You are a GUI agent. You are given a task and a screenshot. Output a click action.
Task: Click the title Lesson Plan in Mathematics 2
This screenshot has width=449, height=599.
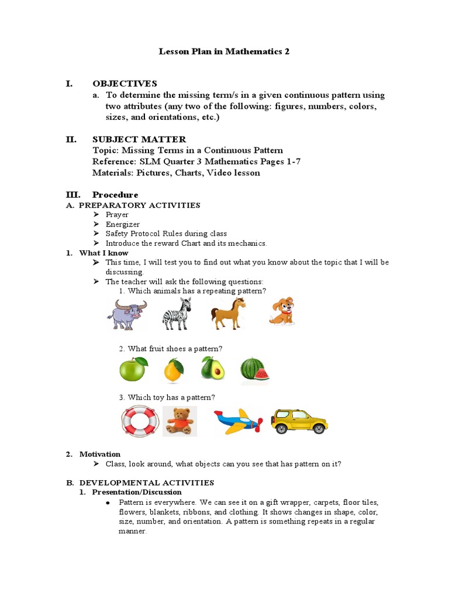tap(224, 51)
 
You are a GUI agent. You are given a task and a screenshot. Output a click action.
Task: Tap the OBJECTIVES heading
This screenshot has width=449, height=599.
tap(125, 84)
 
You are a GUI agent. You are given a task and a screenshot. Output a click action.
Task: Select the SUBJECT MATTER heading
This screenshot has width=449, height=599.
tap(139, 139)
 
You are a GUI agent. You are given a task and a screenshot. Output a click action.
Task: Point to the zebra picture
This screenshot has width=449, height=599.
tap(177, 314)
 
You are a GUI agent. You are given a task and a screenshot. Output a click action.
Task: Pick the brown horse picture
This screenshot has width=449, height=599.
tap(228, 313)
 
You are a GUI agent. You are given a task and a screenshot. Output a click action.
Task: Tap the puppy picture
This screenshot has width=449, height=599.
tap(281, 312)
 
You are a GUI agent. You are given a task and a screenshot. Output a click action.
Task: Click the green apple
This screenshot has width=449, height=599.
tap(133, 369)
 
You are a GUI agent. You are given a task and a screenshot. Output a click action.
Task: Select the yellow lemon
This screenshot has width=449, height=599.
tap(174, 370)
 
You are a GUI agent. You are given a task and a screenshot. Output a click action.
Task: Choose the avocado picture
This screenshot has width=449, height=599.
tap(213, 369)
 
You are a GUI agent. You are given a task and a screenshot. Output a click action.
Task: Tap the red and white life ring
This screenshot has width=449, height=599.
tap(140, 421)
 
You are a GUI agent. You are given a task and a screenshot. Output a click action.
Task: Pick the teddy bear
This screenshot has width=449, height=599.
tap(179, 421)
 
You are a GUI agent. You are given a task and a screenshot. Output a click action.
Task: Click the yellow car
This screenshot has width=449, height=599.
tap(299, 421)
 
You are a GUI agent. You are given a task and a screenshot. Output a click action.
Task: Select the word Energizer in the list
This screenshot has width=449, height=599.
tap(123, 224)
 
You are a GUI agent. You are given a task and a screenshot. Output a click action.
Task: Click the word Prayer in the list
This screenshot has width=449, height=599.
tap(117, 215)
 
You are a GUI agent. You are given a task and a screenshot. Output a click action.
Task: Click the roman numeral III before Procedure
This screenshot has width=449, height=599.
tap(73, 195)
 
